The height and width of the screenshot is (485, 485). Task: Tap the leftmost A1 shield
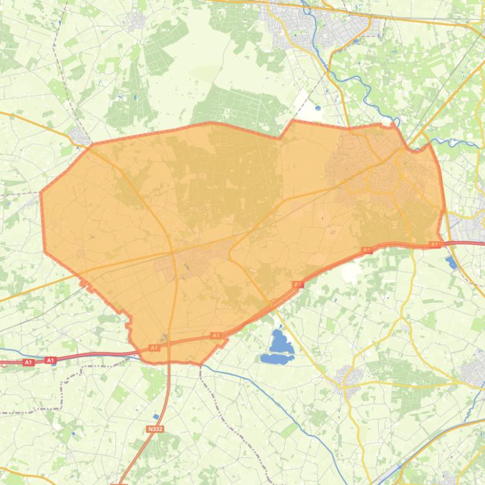[x=28, y=362]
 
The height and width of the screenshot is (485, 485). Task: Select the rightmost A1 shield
[x=434, y=244]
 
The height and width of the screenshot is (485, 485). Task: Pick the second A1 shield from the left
[x=50, y=360]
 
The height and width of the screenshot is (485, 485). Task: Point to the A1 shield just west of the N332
[x=154, y=348]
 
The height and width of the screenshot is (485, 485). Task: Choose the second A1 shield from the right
[x=367, y=251]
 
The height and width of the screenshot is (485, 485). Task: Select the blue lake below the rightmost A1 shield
[x=451, y=261]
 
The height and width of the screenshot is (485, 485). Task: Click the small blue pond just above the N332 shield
[x=156, y=416]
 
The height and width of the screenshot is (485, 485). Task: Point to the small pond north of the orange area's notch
[x=316, y=108]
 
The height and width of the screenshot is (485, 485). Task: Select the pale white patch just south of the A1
[x=350, y=273]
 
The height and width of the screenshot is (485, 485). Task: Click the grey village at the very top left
[x=135, y=21]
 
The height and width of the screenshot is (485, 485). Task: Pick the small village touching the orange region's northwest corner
[x=79, y=135]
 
